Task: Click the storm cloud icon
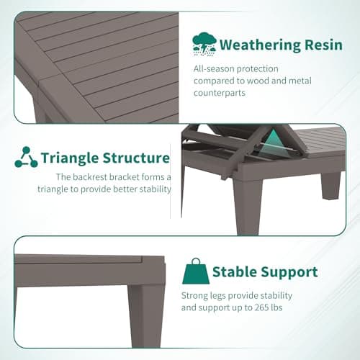[x=204, y=45]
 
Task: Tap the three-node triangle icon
[x=26, y=158]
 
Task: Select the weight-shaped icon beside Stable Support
[x=195, y=271]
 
